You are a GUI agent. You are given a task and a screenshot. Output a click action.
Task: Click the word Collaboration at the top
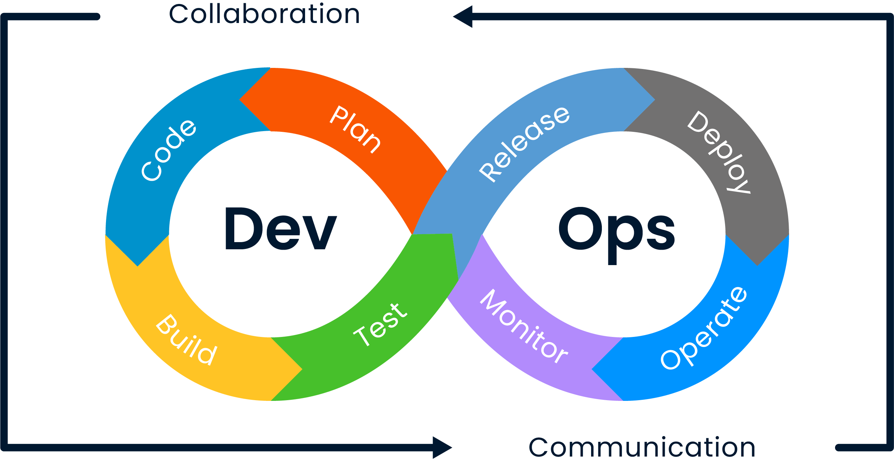click(264, 14)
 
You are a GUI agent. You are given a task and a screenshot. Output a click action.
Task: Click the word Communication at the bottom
click(642, 448)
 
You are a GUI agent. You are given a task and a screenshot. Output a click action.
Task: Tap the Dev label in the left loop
click(281, 228)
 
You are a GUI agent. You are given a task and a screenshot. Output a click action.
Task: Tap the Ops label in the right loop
click(617, 235)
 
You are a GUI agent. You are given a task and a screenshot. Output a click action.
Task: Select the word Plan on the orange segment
click(355, 129)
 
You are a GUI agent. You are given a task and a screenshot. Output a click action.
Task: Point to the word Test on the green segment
click(380, 324)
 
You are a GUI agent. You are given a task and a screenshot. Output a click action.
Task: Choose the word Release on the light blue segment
click(524, 144)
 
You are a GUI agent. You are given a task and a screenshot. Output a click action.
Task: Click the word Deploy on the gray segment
click(719, 152)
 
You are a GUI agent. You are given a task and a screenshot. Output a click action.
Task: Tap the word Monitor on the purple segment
click(524, 326)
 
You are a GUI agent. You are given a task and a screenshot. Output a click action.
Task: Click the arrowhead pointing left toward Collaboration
click(463, 17)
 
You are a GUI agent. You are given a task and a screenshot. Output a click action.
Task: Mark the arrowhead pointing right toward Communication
click(442, 448)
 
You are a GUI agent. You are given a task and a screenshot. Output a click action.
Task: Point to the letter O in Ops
click(580, 228)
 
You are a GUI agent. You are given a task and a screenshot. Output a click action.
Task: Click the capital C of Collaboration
click(180, 14)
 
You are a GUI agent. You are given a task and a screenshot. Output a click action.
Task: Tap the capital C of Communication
click(539, 448)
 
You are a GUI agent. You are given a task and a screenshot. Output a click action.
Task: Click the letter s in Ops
click(661, 233)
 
